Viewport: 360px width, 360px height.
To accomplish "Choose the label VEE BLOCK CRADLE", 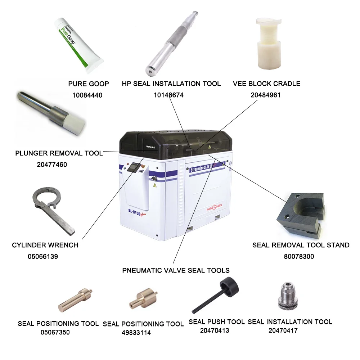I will (266, 84).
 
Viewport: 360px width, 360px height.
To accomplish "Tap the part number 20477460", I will (52, 165).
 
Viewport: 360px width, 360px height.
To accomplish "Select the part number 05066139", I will (43, 257).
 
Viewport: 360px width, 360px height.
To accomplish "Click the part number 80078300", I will (299, 257).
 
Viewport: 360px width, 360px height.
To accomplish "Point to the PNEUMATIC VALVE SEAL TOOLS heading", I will (176, 270).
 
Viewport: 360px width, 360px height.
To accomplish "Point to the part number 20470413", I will (215, 330).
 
